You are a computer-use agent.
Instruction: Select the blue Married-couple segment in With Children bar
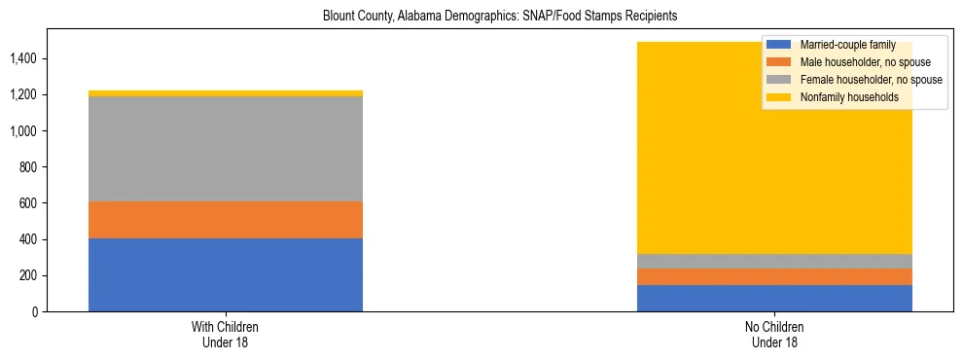225,274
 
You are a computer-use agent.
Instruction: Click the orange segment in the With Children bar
225,220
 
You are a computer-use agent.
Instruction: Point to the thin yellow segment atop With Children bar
225,93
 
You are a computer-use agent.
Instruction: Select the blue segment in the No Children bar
774,298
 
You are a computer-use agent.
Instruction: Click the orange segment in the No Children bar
774,276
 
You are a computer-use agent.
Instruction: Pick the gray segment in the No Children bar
774,261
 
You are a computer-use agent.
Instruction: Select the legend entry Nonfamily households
842,97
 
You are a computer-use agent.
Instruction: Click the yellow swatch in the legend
779,97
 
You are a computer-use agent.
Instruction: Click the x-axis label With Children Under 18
225,334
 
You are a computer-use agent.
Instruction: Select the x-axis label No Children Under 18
774,334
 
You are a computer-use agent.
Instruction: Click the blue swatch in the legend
779,45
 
